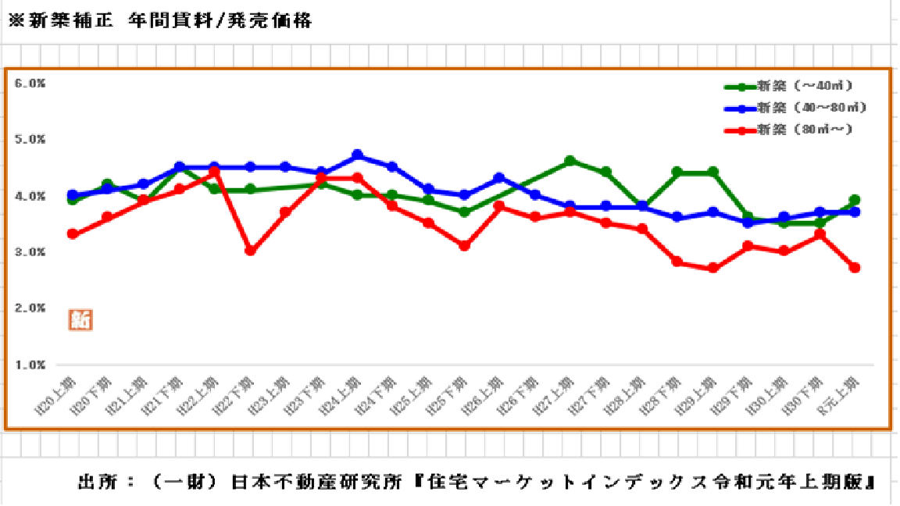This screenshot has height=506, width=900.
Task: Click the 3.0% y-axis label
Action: point(30,252)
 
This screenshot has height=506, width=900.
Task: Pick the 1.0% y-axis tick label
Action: point(30,365)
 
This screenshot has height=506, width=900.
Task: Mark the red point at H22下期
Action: point(250,251)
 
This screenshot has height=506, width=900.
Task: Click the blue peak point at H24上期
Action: point(358,155)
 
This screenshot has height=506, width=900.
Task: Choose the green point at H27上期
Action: point(570,161)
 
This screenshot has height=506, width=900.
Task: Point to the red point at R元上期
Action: point(855,267)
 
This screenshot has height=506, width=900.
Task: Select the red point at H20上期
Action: point(73,233)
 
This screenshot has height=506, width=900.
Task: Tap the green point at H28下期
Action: point(677,172)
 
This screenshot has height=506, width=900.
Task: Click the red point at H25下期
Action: point(464,245)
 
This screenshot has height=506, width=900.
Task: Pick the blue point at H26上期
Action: point(500,178)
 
